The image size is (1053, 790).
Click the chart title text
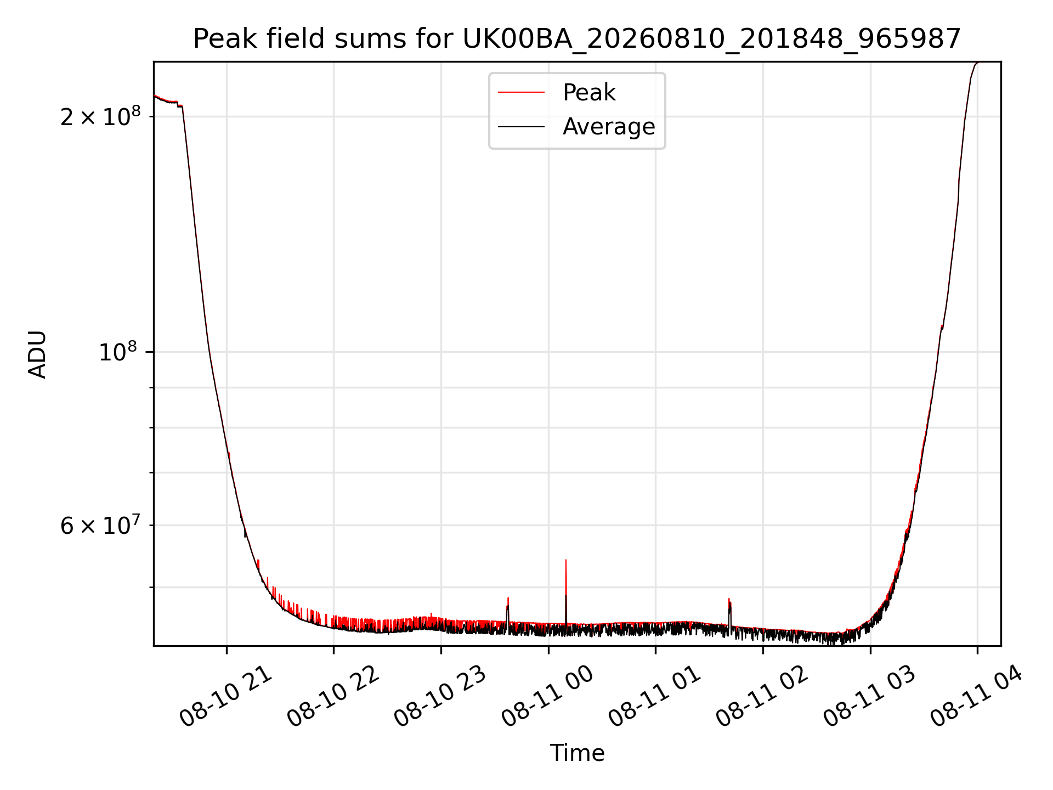577,39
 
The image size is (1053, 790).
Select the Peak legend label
589,93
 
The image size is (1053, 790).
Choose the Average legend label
609,127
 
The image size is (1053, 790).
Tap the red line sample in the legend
521,93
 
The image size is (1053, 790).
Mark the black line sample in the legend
521,127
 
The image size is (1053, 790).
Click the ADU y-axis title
37,354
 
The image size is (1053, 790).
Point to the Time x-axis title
577,753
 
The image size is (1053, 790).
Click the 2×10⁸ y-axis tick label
100,116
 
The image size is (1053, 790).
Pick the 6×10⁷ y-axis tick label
100,525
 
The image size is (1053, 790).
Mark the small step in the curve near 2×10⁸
180,105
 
